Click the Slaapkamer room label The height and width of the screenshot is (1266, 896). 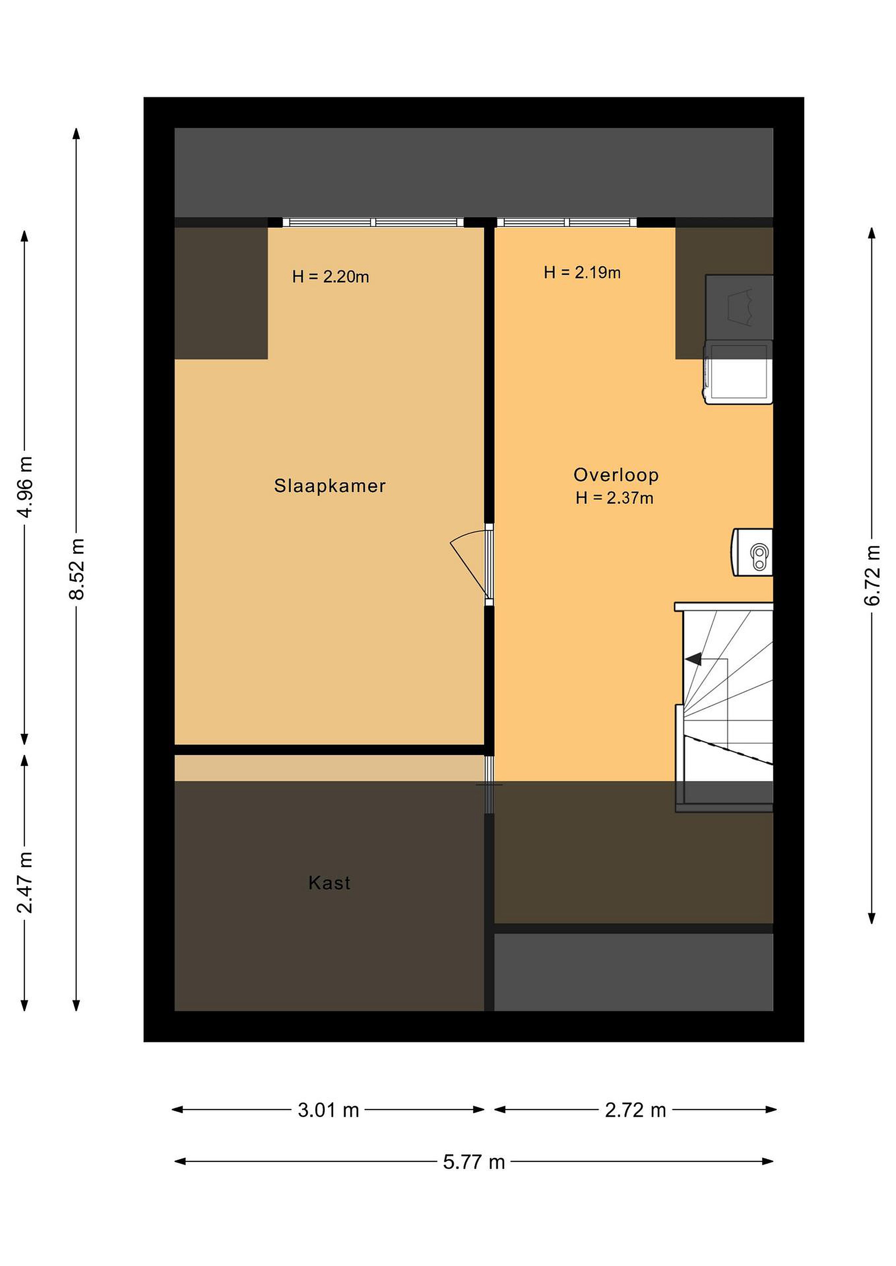pos(329,486)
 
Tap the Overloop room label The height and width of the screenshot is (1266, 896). pos(616,475)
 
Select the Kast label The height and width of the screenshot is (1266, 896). pos(329,883)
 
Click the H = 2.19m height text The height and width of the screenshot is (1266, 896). pos(582,273)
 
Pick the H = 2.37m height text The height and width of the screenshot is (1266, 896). pos(614,498)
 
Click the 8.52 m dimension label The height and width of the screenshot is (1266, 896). pos(77,569)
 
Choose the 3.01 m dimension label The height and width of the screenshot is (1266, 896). pos(328,1110)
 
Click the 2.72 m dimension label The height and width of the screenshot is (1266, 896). pos(635,1110)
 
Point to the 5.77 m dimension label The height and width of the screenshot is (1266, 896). pos(474,1162)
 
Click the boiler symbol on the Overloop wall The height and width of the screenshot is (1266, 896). pos(753,553)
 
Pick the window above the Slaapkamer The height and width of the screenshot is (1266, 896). pos(373,222)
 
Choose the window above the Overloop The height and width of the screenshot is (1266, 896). pos(567,222)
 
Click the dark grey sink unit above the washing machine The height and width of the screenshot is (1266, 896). pos(739,307)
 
